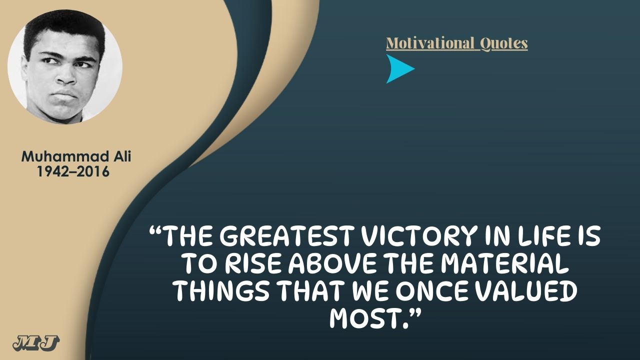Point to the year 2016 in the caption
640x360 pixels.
coord(95,171)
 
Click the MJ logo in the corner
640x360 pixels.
coord(36,343)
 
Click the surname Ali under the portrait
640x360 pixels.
coord(122,156)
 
